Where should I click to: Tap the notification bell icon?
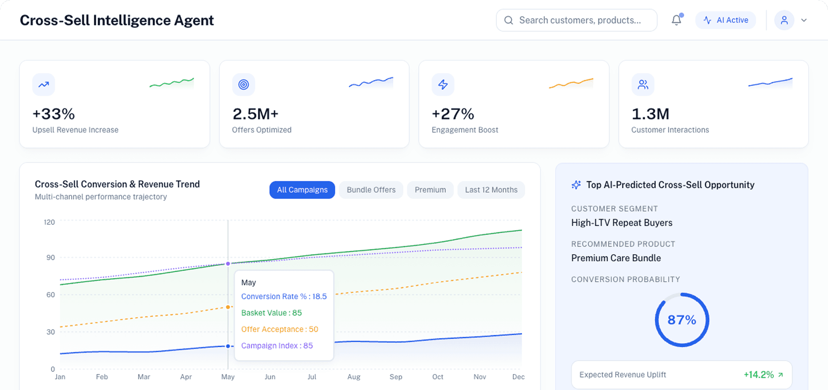tap(676, 20)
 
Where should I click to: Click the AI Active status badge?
tap(726, 20)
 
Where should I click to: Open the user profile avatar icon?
tap(784, 20)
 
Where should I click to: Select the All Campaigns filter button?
tap(302, 190)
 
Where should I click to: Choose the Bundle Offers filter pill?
tap(371, 190)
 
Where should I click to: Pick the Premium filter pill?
tap(430, 190)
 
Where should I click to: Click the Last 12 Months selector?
tap(491, 190)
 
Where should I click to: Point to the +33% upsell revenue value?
tap(54, 114)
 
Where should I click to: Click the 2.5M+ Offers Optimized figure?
tap(255, 114)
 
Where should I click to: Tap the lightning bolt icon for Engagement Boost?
tap(443, 85)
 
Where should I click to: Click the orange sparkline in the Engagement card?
tap(571, 83)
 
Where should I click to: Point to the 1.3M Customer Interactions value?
tap(650, 114)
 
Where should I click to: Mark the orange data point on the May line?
tap(228, 307)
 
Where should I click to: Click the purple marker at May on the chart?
tap(228, 264)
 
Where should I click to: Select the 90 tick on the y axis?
tap(50, 258)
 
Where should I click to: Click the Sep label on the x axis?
tap(396, 377)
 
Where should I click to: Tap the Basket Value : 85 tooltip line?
tap(272, 313)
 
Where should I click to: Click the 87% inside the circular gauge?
tap(682, 320)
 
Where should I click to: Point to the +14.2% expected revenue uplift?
tap(759, 375)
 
